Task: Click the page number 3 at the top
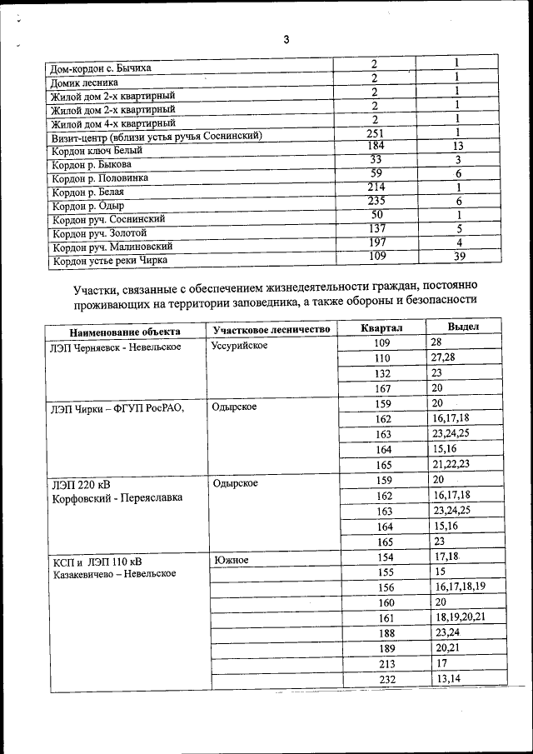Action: (x=286, y=40)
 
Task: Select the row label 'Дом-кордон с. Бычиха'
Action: (x=102, y=67)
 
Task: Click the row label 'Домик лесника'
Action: (x=84, y=82)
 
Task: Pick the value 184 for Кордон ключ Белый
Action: (x=376, y=147)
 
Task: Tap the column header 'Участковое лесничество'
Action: (x=271, y=329)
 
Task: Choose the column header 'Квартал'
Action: (x=382, y=328)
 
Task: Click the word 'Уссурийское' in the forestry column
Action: (x=240, y=345)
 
